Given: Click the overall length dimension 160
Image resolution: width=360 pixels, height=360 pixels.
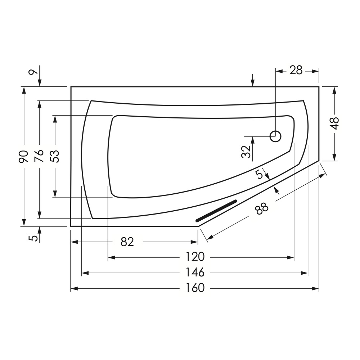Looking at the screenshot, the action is pyautogui.click(x=195, y=288).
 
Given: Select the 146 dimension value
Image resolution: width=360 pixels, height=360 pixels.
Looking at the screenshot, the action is pyautogui.click(x=195, y=273).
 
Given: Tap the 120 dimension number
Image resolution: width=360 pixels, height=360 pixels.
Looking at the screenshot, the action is pyautogui.click(x=195, y=257).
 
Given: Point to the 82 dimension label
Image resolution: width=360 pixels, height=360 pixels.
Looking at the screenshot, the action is pyautogui.click(x=127, y=242).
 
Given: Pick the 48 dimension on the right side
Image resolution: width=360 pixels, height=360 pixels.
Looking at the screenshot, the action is pyautogui.click(x=335, y=123).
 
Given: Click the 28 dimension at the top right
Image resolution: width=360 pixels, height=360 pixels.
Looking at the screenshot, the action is pyautogui.click(x=296, y=71).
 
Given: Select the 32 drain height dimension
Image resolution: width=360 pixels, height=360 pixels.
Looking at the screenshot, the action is pyautogui.click(x=246, y=152).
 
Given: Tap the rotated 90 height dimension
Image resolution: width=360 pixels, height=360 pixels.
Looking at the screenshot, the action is pyautogui.click(x=23, y=157).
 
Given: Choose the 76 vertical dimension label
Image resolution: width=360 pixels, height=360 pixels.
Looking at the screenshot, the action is pyautogui.click(x=39, y=156).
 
